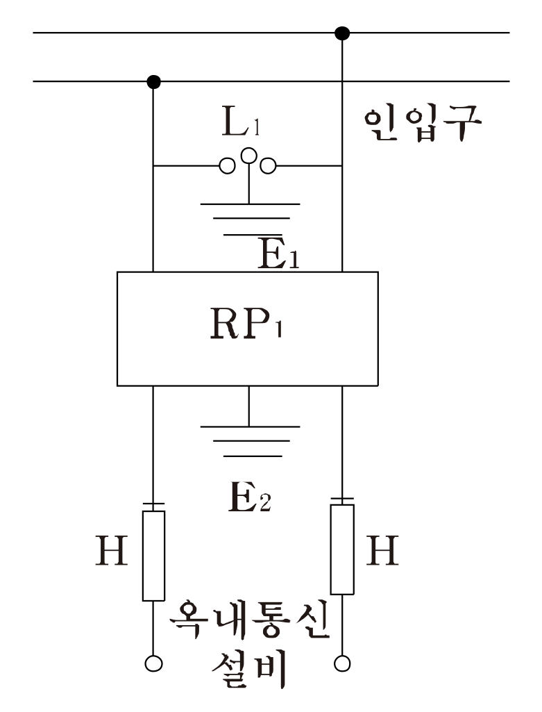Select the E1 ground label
pyautogui.click(x=276, y=256)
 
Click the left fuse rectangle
pyautogui.click(x=154, y=555)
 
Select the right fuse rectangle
pyautogui.click(x=342, y=549)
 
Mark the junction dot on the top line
pyautogui.click(x=341, y=33)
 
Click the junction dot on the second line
pyautogui.click(x=154, y=82)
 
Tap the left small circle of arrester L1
pyautogui.click(x=226, y=166)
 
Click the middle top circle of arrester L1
pyautogui.click(x=248, y=155)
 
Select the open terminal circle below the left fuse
pyautogui.click(x=154, y=664)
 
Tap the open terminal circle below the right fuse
pyautogui.click(x=342, y=664)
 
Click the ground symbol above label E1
pyautogui.click(x=250, y=219)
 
